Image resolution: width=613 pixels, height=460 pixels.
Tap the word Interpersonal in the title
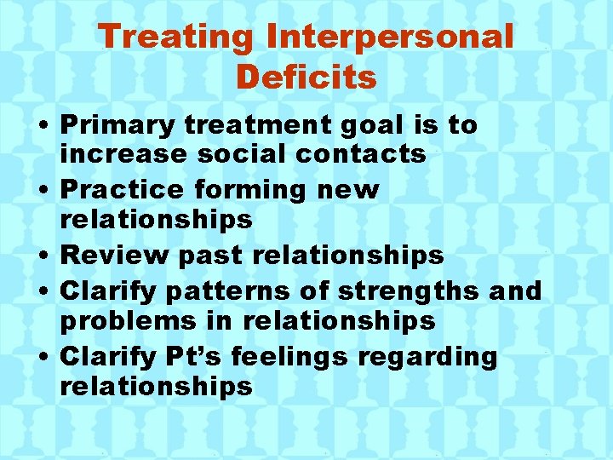(390, 37)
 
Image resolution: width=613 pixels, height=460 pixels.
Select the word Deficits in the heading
(306, 77)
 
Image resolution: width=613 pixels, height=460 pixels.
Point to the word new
(358, 189)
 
